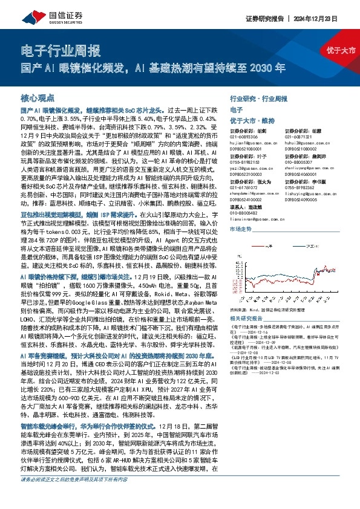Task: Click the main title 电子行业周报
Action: pyautogui.click(x=61, y=50)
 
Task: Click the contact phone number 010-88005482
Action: pyautogui.click(x=244, y=212)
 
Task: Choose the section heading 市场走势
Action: pyautogui.click(x=241, y=230)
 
